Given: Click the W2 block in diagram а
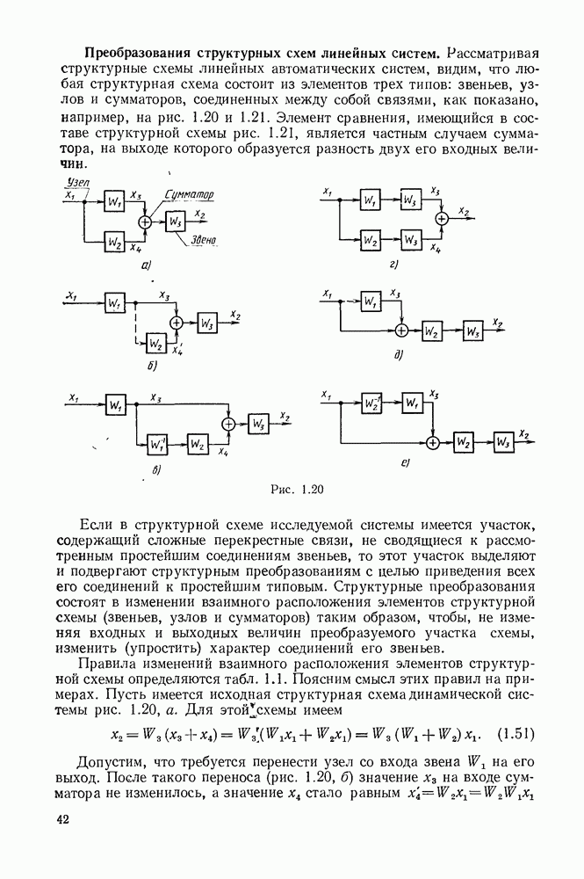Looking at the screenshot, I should pos(113,239).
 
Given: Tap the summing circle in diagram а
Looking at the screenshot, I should pos(146,222).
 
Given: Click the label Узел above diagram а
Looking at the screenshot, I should pos(78,182).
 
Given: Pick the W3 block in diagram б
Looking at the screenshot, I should pos(208,323).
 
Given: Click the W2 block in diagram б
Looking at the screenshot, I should pos(155,342).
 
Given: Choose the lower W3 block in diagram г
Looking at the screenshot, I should pos(409,238).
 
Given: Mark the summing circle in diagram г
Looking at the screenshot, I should pos(443,218).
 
